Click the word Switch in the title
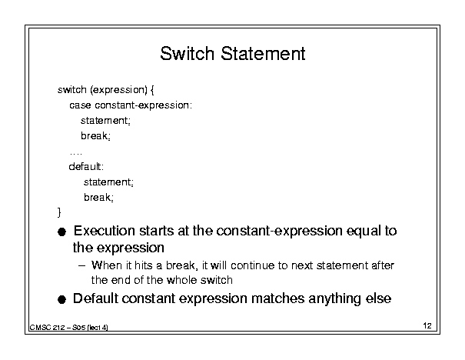point(187,53)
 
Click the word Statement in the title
point(263,53)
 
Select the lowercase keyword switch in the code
point(72,89)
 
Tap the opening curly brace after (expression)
point(152,90)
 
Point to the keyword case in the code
point(80,105)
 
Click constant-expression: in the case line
point(144,105)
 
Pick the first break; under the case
point(95,135)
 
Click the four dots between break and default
point(75,154)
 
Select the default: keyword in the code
point(86,166)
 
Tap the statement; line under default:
point(108,182)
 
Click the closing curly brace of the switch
point(59,212)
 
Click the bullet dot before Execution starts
point(61,232)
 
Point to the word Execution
point(105,231)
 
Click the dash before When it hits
point(81,265)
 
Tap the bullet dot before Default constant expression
point(61,299)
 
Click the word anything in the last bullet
point(334,299)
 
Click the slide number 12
point(427,325)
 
